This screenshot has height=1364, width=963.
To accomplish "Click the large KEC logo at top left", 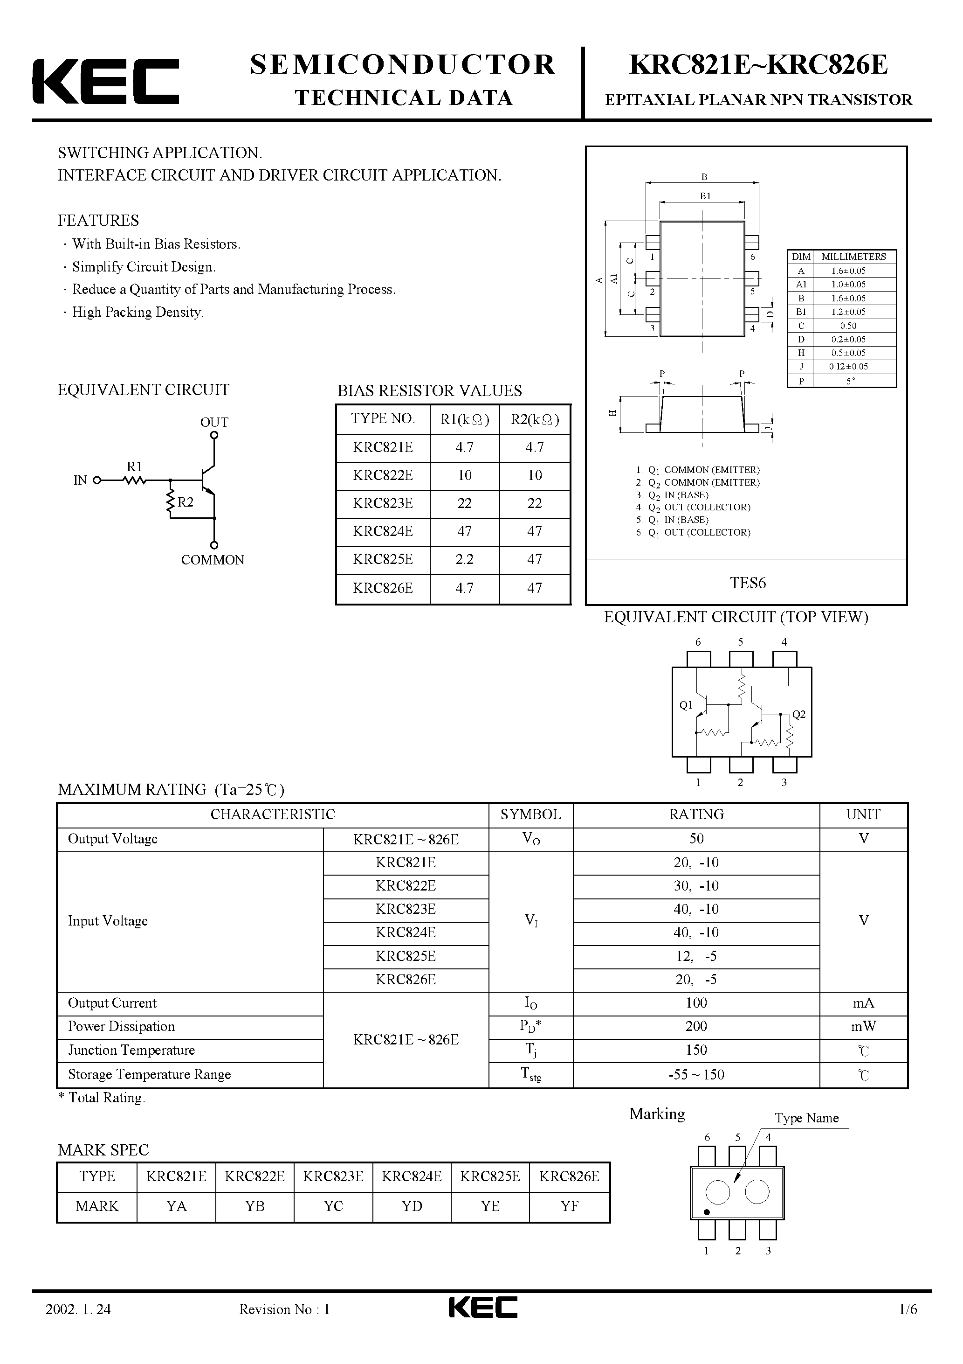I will point(106,81).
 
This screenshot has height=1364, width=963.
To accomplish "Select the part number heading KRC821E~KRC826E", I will point(758,65).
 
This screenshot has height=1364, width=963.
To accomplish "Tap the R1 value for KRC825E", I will point(464,559).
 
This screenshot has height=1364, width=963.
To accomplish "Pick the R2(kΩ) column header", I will point(534,419).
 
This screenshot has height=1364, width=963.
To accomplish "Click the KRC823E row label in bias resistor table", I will point(382,503).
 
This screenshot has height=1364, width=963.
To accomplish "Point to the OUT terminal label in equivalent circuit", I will point(214,422).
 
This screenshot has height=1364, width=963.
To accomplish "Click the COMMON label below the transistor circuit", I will point(213,560).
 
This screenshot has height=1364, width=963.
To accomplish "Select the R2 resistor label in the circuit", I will point(185,502).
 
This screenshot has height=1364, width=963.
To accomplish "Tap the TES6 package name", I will point(748,583).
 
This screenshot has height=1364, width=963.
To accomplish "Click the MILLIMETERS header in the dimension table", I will point(853,257).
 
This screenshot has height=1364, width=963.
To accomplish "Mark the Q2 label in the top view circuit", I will point(798,714).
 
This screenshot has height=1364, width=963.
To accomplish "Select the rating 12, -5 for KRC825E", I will point(696,956).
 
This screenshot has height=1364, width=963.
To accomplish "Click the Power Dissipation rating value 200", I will point(696,1026).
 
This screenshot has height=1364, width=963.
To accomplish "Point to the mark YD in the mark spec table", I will point(412,1206).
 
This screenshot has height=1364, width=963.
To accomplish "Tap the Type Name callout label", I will point(806,1118).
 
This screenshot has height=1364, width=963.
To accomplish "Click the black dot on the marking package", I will point(707,1212).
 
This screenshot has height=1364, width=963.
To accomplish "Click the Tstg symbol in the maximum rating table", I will point(531,1074).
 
